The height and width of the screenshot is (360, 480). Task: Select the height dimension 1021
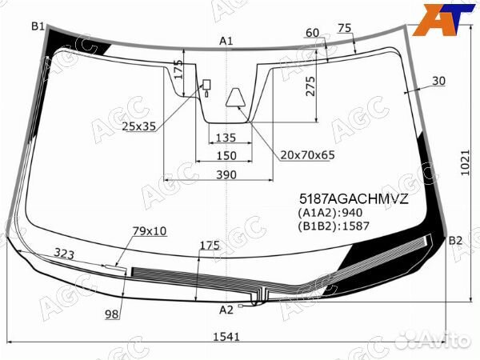click(465, 163)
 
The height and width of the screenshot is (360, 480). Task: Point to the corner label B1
click(38, 27)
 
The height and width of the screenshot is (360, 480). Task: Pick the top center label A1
click(226, 41)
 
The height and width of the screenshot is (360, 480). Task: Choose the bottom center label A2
click(226, 309)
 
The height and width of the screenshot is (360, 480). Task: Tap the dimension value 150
click(226, 155)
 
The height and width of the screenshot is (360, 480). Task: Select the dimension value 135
click(226, 138)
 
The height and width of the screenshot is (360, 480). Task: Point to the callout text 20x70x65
click(307, 155)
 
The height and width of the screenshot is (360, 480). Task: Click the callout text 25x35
click(138, 126)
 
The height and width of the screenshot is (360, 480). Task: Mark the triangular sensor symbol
click(236, 98)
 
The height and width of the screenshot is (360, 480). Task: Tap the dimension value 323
click(66, 254)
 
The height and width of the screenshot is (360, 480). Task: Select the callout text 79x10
click(149, 231)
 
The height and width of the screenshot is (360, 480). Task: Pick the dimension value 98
click(111, 314)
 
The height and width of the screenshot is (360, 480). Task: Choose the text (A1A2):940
click(330, 213)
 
